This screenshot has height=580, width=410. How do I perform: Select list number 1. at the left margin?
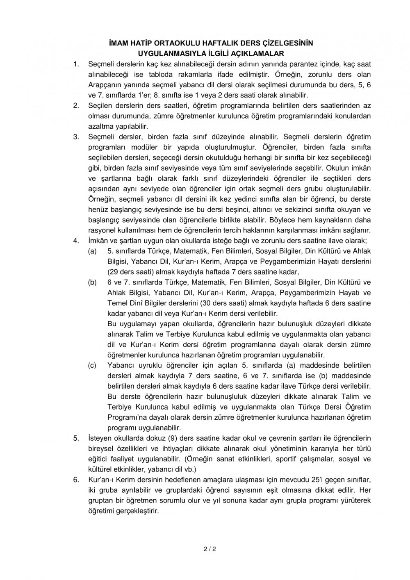click(76, 64)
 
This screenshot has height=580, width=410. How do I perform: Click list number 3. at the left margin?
click(76, 136)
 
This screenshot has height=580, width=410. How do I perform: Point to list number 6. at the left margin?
click(76, 479)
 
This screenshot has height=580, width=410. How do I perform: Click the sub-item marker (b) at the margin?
click(93, 282)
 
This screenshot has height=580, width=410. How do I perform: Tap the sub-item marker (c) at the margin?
click(93, 365)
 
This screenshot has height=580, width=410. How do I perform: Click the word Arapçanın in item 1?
click(102, 84)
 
